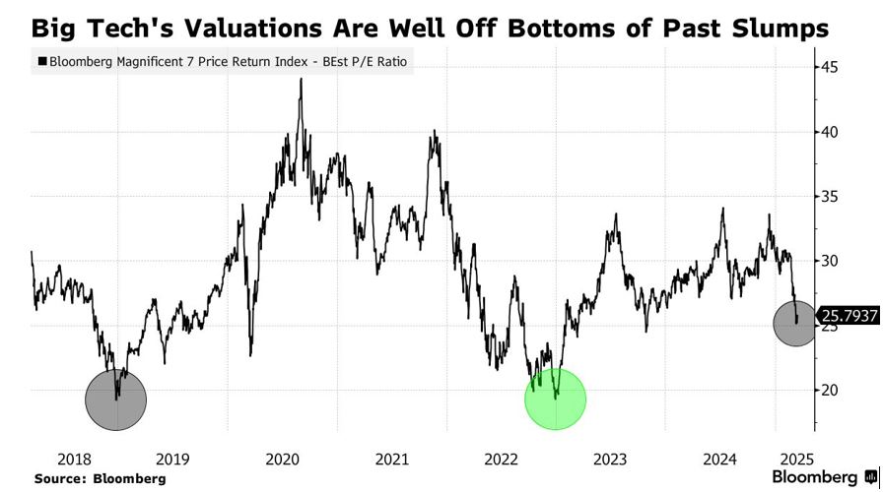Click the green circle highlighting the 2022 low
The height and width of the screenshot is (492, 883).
[x=555, y=399]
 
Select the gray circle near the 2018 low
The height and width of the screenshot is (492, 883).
[x=116, y=400]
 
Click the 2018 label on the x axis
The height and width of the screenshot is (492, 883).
[x=62, y=458]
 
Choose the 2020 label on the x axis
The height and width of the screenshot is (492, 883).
[x=282, y=458]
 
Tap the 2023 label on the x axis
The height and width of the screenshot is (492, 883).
[x=611, y=458]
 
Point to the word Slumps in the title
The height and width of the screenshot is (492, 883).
[x=782, y=28]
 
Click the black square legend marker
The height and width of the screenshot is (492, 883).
[x=41, y=62]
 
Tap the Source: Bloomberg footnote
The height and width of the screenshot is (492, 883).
[x=101, y=478]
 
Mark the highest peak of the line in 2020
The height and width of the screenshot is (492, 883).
[x=301, y=80]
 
